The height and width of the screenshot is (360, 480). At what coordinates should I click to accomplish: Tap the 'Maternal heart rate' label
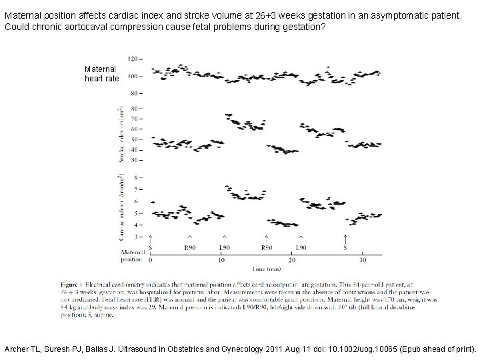101,73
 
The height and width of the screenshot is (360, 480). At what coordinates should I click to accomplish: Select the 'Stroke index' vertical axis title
121,133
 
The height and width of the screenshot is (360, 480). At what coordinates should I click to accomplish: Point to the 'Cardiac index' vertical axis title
121,207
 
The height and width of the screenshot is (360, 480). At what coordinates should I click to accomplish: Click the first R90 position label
190,248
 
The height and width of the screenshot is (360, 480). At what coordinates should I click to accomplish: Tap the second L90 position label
301,248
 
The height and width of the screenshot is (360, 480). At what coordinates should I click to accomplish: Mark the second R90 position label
266,248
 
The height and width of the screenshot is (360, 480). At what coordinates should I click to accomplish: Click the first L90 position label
225,248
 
